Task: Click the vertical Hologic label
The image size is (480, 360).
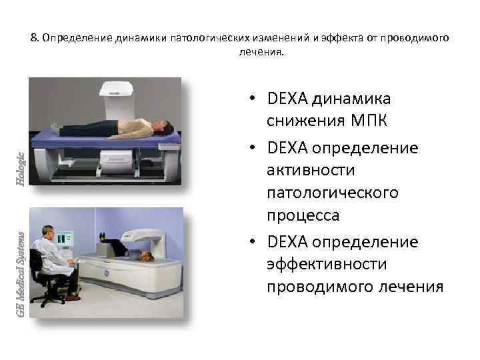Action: click(21, 166)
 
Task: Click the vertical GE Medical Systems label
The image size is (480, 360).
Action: click(21, 274)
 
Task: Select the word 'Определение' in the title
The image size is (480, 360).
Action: click(69, 38)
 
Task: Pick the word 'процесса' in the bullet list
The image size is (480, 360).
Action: click(303, 215)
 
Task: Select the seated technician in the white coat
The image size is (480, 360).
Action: click(50, 257)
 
